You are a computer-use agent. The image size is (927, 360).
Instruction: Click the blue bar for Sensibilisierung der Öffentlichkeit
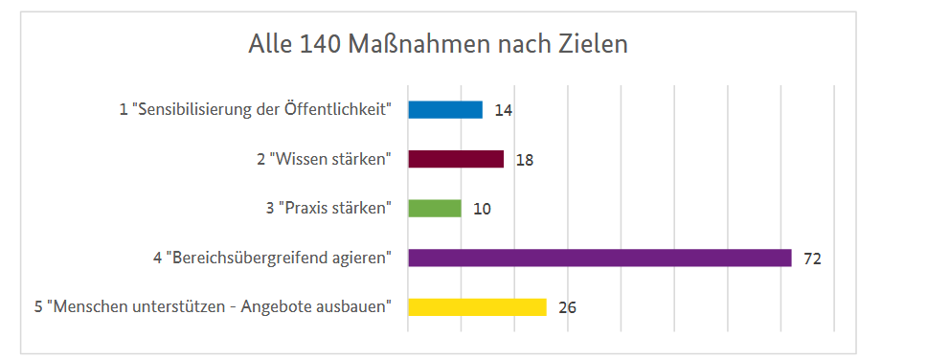(445, 109)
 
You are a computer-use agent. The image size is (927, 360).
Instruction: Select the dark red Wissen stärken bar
(456, 159)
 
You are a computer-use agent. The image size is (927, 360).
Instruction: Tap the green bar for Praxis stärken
(435, 208)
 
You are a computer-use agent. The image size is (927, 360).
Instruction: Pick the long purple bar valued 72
(599, 258)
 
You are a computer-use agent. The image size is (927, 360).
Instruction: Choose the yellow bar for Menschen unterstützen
(477, 307)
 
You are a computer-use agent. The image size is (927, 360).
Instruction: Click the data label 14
(504, 110)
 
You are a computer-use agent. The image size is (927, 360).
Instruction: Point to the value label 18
(525, 160)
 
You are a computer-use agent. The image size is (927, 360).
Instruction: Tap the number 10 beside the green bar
(482, 209)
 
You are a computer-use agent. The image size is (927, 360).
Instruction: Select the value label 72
(813, 259)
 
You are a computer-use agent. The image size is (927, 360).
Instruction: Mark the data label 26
(567, 308)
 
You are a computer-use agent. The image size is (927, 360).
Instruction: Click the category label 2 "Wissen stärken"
(324, 159)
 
